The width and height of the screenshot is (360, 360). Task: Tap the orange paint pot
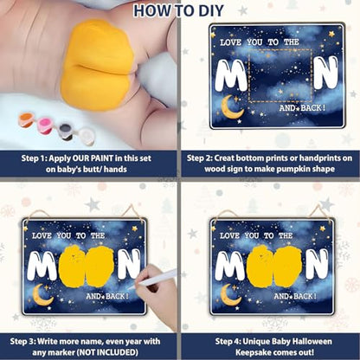(x=26, y=119)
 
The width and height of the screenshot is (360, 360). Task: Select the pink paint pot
(x=45, y=125)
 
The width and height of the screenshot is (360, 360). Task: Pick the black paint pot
(x=66, y=132)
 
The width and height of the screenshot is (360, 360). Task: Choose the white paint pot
(x=87, y=137)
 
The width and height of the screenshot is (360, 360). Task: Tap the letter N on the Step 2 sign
(x=325, y=73)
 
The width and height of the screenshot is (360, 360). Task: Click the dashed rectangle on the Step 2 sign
(x=280, y=49)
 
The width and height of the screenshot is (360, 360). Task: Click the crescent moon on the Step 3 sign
(x=42, y=296)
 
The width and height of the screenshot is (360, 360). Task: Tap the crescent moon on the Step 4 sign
(x=229, y=295)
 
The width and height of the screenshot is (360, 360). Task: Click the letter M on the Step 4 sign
(x=230, y=266)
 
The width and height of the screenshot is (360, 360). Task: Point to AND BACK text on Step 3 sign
(x=107, y=296)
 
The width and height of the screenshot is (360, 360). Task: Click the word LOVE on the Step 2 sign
(x=230, y=42)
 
